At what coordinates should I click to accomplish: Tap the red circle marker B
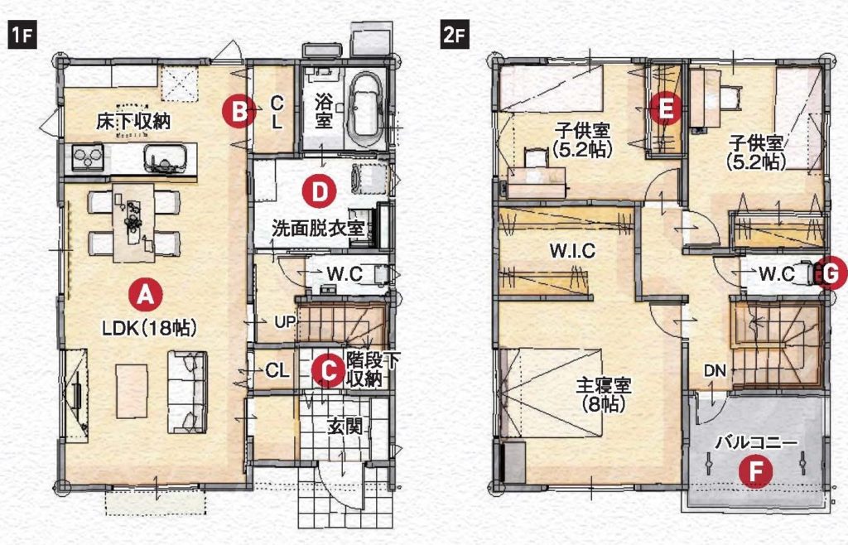coord(239,111)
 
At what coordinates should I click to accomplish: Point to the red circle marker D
coord(319,191)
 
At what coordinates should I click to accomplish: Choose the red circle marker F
coord(755,471)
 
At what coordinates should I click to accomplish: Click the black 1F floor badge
coord(22,36)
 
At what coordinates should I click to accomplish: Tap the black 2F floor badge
coord(455,36)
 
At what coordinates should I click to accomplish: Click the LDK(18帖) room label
coord(149,328)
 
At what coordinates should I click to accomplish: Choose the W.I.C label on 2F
coord(573,251)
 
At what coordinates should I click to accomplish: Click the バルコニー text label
coord(756,443)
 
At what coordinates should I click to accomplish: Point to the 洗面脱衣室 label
coord(317,229)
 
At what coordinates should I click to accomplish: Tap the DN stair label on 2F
coord(715,371)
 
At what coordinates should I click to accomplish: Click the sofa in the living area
coord(187,392)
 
